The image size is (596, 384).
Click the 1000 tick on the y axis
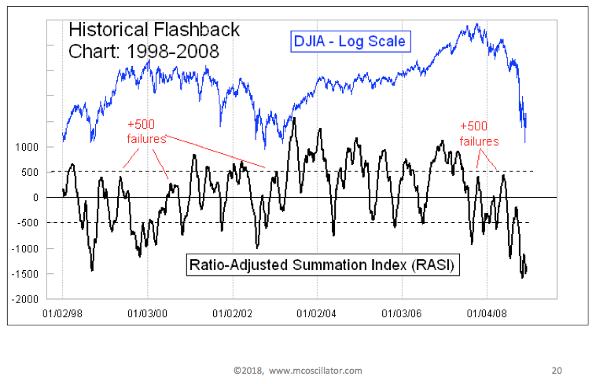tap(30, 147)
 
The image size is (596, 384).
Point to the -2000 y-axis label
tap(27, 300)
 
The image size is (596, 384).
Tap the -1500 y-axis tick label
tap(27, 274)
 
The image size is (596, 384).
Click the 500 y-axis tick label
tap(32, 172)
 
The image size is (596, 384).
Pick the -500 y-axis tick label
tap(31, 223)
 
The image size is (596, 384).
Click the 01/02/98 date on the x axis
tap(62, 313)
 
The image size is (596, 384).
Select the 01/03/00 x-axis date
tap(147, 313)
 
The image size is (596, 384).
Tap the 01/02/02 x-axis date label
tap(232, 313)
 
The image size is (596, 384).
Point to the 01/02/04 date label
tap(317, 313)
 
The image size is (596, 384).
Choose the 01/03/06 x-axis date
tap(402, 313)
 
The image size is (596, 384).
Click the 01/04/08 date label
tap(487, 313)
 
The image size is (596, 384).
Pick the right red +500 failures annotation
tap(479, 133)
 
